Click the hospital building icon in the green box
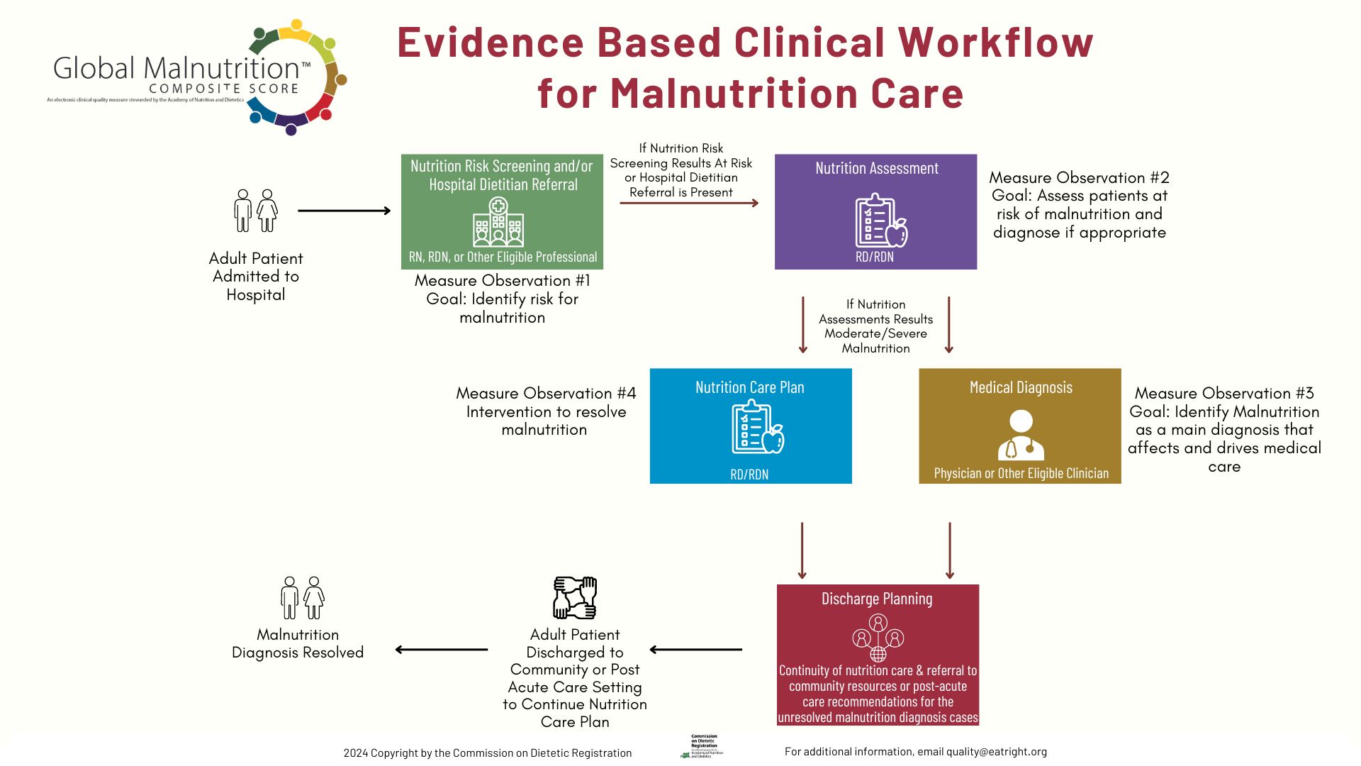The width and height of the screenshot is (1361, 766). [x=498, y=222]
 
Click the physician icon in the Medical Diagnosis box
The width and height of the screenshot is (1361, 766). [x=1021, y=435]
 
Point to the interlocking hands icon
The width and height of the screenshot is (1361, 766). [x=575, y=598]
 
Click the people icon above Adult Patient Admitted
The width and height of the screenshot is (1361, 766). [x=256, y=211]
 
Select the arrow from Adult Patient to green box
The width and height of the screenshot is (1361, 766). [x=345, y=211]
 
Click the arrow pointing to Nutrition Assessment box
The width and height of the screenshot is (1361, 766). [x=689, y=204]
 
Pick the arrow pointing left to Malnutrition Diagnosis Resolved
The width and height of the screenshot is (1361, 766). [x=441, y=649]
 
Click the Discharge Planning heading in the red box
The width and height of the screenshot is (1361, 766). [x=877, y=599]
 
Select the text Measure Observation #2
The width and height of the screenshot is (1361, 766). [x=1079, y=177]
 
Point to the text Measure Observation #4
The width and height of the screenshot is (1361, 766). [x=546, y=393]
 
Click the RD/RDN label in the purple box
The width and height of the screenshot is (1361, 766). [x=875, y=257]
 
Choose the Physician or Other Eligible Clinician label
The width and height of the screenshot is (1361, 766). [x=1021, y=473]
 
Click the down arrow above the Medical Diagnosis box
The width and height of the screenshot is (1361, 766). [x=949, y=325]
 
